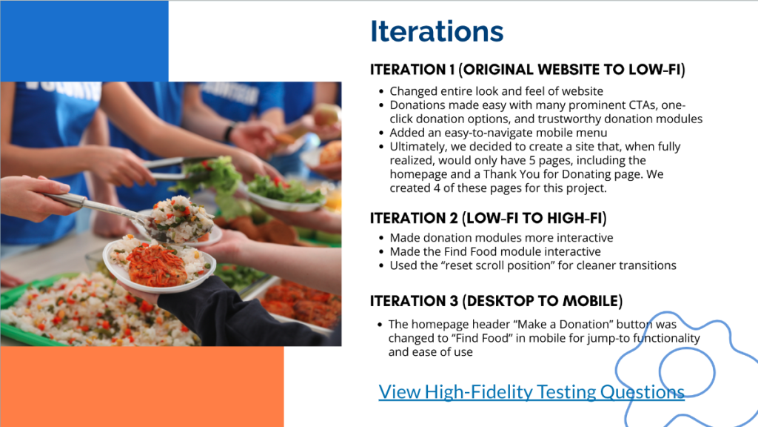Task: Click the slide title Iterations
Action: [x=437, y=31]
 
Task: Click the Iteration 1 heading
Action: [x=527, y=70]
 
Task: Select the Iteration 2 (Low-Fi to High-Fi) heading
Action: [x=489, y=219]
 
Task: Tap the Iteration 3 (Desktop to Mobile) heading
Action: [x=496, y=301]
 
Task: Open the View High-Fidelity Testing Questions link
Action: [x=531, y=391]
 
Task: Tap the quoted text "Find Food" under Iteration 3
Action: [x=481, y=338]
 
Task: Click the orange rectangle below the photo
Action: [x=141, y=386]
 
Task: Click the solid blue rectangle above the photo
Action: [x=84, y=42]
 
